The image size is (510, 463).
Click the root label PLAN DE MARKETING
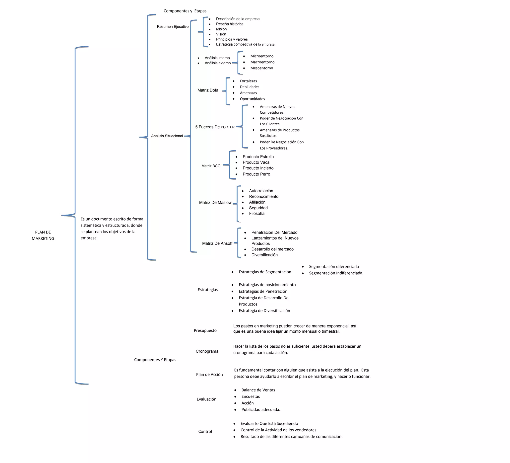(x=43, y=235)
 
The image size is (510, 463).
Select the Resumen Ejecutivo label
(x=173, y=27)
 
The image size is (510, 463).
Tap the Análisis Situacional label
(x=167, y=136)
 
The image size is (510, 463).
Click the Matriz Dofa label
(x=208, y=90)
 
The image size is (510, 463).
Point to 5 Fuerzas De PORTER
(x=215, y=127)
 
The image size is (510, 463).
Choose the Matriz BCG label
(x=211, y=166)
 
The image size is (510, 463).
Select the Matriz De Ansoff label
(x=217, y=243)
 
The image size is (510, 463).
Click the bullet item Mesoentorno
(x=261, y=68)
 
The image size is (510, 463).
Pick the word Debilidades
(x=250, y=87)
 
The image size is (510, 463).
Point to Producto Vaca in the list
(x=256, y=162)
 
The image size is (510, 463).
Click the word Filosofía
(x=256, y=213)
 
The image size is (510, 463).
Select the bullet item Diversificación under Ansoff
(x=264, y=255)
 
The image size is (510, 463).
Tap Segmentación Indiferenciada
(x=335, y=273)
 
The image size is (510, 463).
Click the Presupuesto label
(x=205, y=330)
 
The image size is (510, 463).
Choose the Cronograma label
(x=207, y=351)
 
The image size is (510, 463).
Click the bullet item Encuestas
(x=251, y=396)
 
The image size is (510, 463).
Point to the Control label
(x=205, y=431)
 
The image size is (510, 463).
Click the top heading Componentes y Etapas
(x=185, y=11)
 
